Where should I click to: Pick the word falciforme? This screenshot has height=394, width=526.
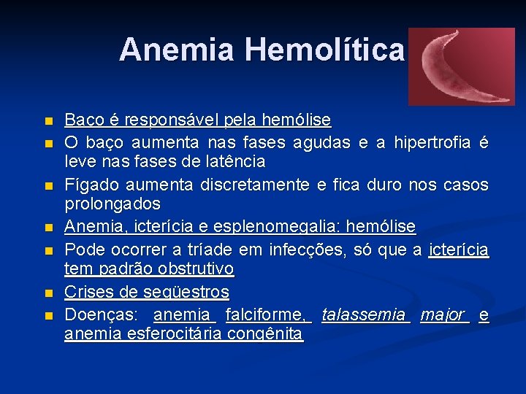click(267, 315)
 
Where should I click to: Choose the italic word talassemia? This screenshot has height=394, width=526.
click(364, 315)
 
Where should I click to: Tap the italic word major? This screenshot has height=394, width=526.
click(442, 315)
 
